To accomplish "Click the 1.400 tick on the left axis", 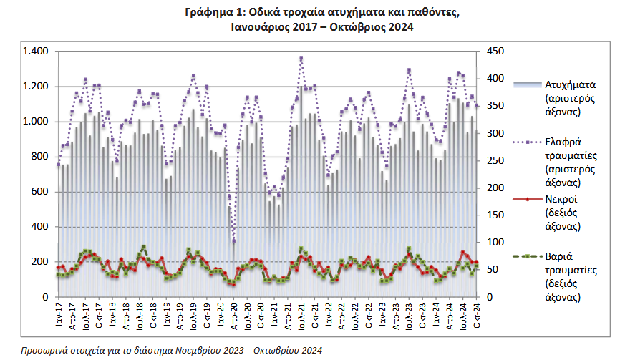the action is click(35, 51).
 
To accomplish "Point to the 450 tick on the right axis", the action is click(495, 51).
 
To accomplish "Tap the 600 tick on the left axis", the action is click(39, 191).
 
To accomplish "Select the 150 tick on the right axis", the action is click(495, 215).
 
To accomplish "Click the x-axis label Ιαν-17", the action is click(59, 314).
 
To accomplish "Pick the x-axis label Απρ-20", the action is click(234, 316).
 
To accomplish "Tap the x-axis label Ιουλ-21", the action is click(301, 316).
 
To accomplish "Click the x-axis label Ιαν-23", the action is click(382, 314).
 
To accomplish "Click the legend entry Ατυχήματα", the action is click(571, 84).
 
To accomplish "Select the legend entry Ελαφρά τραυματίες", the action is click(571, 149).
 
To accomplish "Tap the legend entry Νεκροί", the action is click(561, 199).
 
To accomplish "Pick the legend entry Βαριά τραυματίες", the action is click(571, 263).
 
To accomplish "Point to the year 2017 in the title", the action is click(304, 27).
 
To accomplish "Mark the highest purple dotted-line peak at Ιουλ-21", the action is click(301, 58).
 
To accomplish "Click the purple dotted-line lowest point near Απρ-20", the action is click(234, 240).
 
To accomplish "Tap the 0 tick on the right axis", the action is click(490, 297).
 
